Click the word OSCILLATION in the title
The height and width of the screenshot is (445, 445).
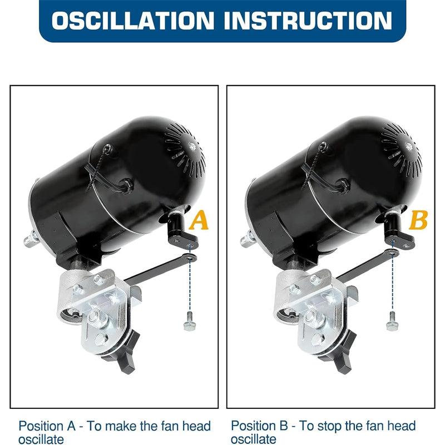coord(132,21)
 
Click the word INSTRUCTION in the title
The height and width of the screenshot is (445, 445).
coord(308,21)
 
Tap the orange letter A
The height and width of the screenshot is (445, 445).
coord(199,220)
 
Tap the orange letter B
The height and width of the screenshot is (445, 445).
coord(418,220)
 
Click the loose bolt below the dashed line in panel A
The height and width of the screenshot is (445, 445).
coord(190,322)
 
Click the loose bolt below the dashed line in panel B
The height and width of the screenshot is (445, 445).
coord(393,322)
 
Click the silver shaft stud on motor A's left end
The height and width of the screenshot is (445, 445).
coord(31,239)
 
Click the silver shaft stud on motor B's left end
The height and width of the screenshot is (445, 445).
coord(248,239)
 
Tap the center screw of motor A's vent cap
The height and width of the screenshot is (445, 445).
coord(192,147)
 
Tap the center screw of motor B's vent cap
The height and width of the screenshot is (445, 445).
coord(409,147)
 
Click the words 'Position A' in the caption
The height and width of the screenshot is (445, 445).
coord(47,426)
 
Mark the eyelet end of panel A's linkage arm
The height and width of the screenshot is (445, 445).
coord(191,258)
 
